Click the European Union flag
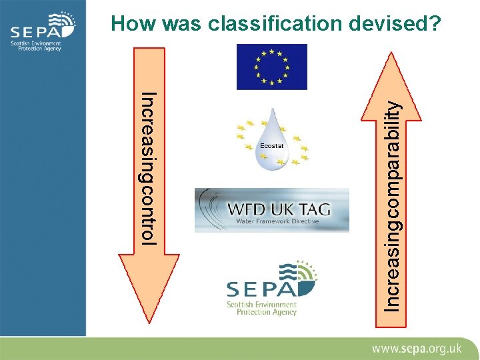(272, 67)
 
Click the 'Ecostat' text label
(272, 145)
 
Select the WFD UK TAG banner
(272, 210)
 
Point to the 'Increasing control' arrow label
(148, 169)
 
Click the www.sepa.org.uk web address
(417, 348)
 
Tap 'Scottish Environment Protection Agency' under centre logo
(261, 308)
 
